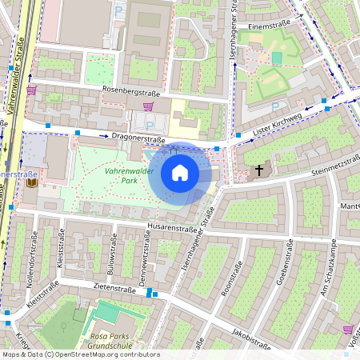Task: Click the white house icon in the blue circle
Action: [180, 173]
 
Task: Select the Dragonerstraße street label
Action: [138, 138]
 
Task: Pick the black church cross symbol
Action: [258, 170]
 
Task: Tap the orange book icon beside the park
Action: [31, 183]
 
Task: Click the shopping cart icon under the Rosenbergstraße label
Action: [148, 105]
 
